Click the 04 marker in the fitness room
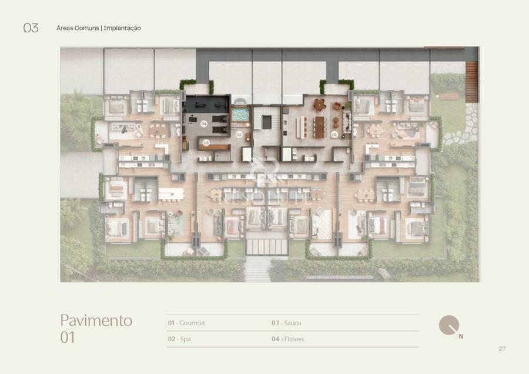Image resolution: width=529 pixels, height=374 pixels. coord(204,124)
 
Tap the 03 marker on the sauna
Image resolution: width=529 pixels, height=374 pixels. coord(206,143)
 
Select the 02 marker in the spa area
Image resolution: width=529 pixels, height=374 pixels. coord(239,134)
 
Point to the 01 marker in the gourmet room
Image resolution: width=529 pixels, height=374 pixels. coord(334,134)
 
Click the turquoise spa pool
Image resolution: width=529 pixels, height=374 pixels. coord(240,113)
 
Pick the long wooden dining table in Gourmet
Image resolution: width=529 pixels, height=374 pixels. coord(319,127)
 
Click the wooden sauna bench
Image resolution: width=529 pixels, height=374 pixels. coord(214,147)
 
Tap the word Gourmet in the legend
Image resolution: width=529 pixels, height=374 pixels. coord(192,323)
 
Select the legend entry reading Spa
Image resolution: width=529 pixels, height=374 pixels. coord(185,339)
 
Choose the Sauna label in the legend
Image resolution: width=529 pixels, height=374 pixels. coord(292,323)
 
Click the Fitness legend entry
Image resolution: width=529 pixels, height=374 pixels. coord(294,339)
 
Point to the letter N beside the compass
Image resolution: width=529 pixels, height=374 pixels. coord(461,336)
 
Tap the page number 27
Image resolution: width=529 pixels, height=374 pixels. coord(502,349)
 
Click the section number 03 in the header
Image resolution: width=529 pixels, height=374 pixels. coord(31,28)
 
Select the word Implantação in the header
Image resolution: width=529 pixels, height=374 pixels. coord(122,28)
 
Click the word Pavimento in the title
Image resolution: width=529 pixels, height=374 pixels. coord(96,320)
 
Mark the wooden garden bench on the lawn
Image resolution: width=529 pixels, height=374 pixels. coord(449,97)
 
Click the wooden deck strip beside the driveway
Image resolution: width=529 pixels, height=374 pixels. coord(471,82)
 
